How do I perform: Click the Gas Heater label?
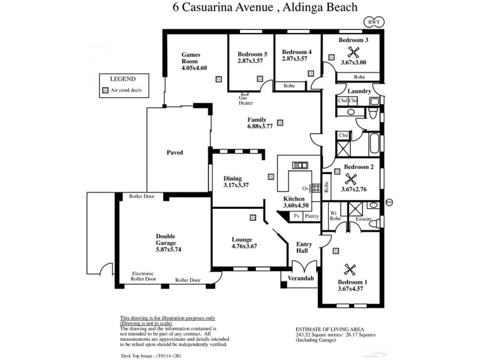pyautogui.click(x=246, y=100)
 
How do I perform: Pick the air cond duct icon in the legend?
pyautogui.click(x=106, y=91)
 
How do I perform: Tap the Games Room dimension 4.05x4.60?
pyautogui.click(x=194, y=68)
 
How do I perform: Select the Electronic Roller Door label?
pyautogui.click(x=144, y=276)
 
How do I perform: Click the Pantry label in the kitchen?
pyautogui.click(x=311, y=216)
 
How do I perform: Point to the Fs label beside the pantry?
pyautogui.click(x=296, y=216)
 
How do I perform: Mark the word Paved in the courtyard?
pyautogui.click(x=175, y=152)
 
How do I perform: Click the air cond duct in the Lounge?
pyautogui.click(x=253, y=218)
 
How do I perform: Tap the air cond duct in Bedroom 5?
pyautogui.click(x=260, y=78)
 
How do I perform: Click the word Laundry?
pyautogui.click(x=359, y=91)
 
